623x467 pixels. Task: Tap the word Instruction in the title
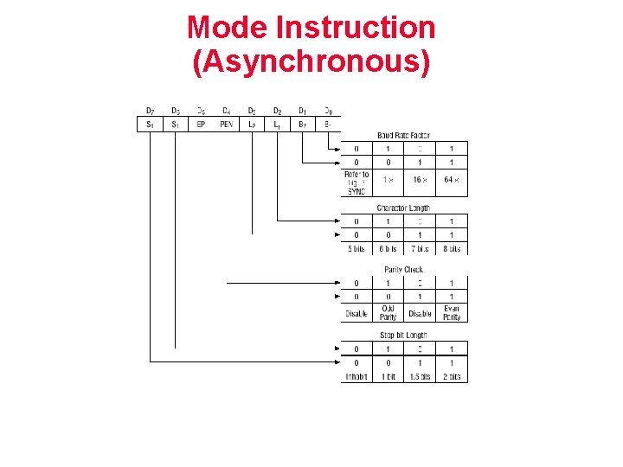coord(355,28)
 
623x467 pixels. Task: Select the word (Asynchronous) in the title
coord(311,62)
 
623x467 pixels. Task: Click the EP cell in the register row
coord(201,125)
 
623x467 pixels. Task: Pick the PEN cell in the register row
coord(226,125)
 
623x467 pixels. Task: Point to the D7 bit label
coord(151,111)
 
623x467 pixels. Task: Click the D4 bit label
coord(226,111)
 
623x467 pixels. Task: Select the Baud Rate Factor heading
coord(403,136)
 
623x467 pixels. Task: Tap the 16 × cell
coord(420,180)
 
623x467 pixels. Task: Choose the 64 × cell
coord(452,180)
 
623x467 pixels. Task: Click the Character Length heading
coord(403,208)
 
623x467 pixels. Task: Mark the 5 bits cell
coord(356,249)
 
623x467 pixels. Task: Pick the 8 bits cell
coord(452,249)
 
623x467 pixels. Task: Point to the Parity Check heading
coord(403,270)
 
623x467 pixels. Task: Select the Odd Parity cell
coord(388,313)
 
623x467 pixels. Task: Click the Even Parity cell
coord(452,313)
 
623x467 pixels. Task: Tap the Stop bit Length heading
coord(403,336)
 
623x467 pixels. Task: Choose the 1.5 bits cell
coord(420,377)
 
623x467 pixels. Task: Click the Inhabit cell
coord(356,377)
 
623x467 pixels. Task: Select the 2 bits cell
coord(452,377)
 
